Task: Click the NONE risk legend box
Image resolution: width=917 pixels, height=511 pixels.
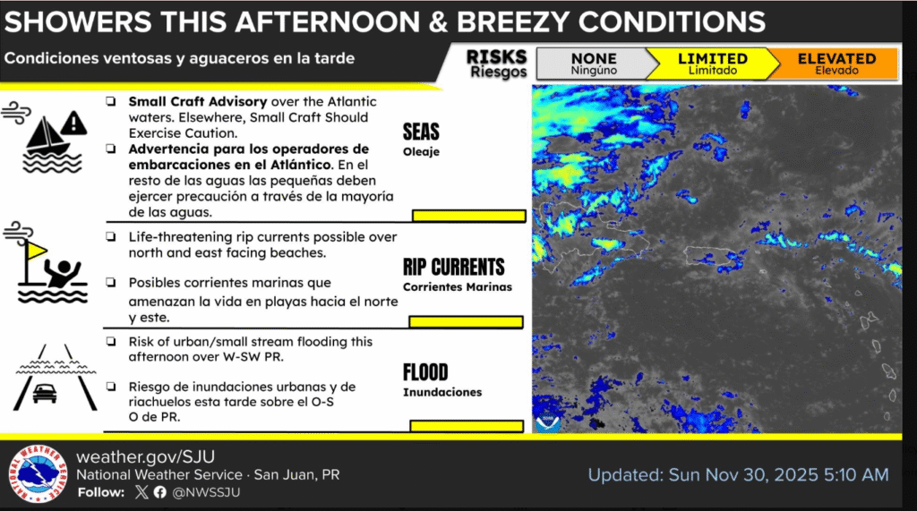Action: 594,64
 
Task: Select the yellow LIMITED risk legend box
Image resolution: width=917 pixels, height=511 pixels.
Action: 712,64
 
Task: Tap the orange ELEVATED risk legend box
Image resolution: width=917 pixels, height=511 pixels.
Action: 836,64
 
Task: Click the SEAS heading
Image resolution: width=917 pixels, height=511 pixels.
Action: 421,133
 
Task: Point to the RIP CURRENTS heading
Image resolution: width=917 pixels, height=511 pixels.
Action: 454,267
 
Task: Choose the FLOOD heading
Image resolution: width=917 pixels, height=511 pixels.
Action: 425,372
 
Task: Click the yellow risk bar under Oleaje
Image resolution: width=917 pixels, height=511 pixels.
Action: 468,215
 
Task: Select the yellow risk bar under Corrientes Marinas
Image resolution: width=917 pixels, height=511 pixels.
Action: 466,321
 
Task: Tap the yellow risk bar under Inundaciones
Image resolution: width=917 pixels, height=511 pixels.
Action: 467,425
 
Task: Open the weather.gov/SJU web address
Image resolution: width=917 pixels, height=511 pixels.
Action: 145,456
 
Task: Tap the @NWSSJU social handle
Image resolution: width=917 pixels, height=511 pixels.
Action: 206,492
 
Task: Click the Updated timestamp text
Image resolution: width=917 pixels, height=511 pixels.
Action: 738,474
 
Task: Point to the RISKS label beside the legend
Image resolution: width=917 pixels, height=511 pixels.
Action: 496,57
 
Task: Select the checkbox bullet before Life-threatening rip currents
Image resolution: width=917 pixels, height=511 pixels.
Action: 110,237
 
